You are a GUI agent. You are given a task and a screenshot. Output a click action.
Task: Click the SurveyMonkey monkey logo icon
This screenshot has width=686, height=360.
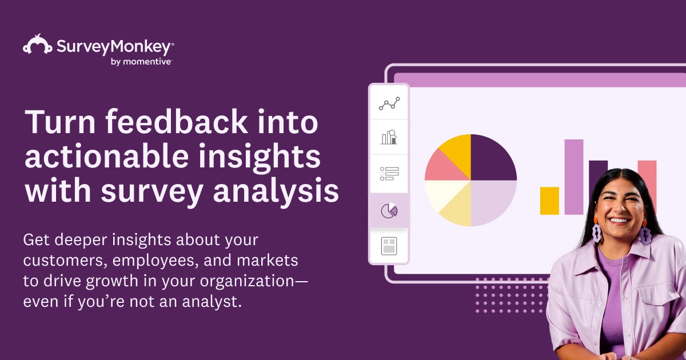point(38,45)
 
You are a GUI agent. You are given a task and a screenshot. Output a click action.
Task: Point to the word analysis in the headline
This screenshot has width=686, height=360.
point(274,192)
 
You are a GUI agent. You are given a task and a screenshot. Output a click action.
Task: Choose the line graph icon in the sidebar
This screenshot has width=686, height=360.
point(389,103)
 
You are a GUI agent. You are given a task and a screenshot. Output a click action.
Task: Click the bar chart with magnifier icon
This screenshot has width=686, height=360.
point(389,137)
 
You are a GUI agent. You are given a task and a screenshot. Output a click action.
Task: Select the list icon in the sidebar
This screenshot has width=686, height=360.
point(389,173)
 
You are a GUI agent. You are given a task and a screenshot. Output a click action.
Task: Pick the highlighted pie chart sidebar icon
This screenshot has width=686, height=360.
point(389,211)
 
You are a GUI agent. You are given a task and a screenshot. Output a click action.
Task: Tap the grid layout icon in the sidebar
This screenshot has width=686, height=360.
point(389,246)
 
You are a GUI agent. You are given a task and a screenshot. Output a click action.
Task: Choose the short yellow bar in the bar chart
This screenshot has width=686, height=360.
point(549,201)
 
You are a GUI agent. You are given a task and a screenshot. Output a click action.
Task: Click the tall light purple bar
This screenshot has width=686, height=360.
point(574,177)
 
